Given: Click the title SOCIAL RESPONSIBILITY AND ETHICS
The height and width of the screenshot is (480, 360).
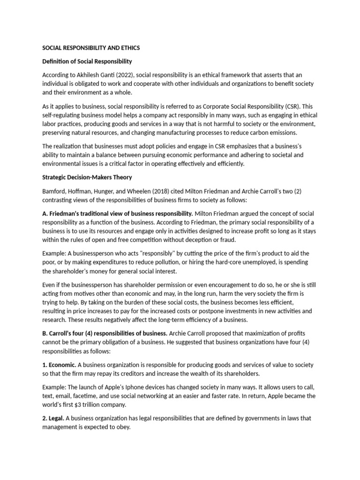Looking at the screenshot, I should [x=91, y=48].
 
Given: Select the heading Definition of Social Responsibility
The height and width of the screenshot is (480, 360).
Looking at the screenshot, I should [x=87, y=61].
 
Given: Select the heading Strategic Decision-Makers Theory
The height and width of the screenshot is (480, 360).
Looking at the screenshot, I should [x=87, y=177].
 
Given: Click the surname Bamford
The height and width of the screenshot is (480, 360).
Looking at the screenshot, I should [x=55, y=191].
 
